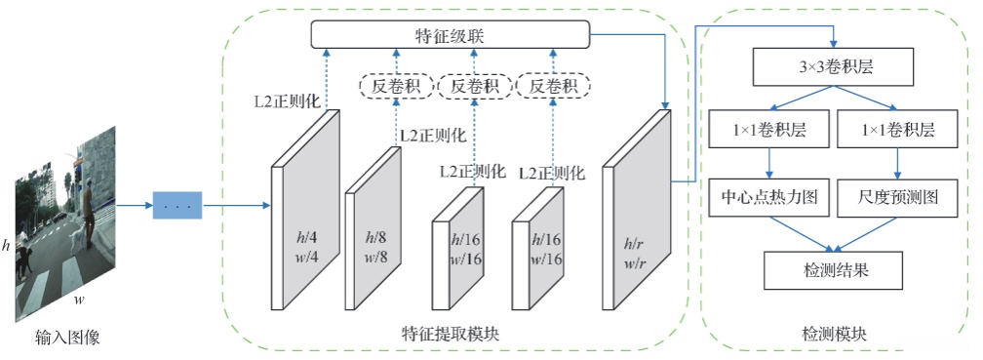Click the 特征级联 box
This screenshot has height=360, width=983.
pyautogui.click(x=451, y=36)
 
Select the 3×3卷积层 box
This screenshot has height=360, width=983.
pyautogui.click(x=834, y=68)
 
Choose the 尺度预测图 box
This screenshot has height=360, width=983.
pyautogui.click(x=899, y=198)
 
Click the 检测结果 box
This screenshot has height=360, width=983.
pyautogui.click(x=834, y=265)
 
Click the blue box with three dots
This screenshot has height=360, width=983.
pyautogui.click(x=177, y=207)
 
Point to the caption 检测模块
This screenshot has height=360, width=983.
pyautogui.click(x=834, y=334)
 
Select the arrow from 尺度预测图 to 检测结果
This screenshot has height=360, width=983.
pyautogui.click(x=866, y=232)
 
